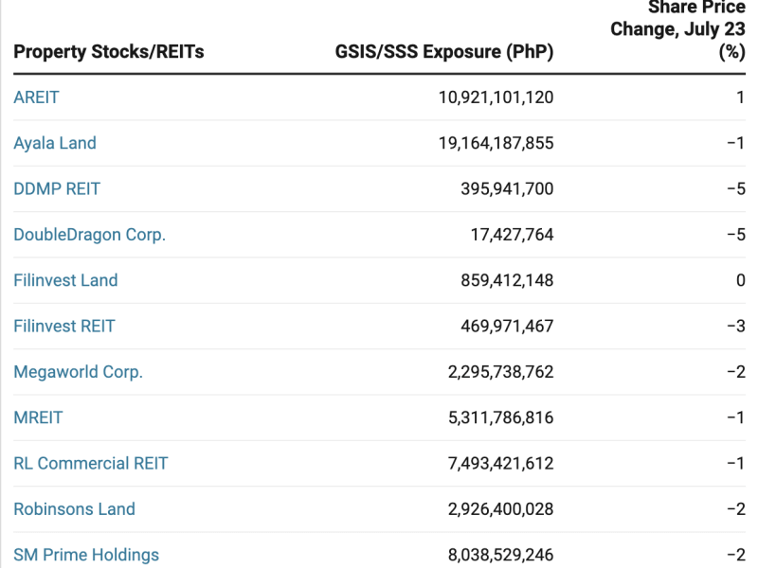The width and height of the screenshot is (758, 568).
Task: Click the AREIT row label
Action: coord(36,98)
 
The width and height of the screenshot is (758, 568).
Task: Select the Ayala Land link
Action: coord(55,143)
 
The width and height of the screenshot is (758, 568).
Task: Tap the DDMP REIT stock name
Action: coord(57,188)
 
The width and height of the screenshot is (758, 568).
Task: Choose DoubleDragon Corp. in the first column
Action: coord(89,235)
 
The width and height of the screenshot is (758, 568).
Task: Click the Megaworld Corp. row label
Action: coord(78,372)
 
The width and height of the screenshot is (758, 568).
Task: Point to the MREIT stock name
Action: coord(38,417)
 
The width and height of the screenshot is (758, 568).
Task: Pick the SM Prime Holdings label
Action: coord(86,555)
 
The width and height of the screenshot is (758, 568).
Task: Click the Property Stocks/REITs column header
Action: coord(109,52)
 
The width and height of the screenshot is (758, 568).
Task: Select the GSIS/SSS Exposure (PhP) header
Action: coord(444,52)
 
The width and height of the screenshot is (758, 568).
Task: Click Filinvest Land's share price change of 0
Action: coord(740,280)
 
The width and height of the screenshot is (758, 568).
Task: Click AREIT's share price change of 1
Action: coord(740,98)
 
